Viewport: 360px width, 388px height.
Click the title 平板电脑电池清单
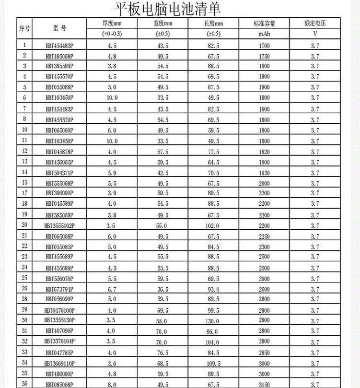[x=168, y=9]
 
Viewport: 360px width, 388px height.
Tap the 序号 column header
[x=24, y=28]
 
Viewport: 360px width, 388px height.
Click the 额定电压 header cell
[x=315, y=24]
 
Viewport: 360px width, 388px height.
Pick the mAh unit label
[x=264, y=34]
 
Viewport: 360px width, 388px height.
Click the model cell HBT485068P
[x=59, y=56]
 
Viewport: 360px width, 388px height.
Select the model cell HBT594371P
[x=59, y=173]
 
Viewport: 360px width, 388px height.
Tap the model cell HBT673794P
[x=59, y=289]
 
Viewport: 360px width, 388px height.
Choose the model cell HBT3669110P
[x=59, y=364]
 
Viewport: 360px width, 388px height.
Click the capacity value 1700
[x=264, y=46]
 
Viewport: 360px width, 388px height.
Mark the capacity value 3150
[x=264, y=385]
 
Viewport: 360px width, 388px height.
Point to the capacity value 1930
[x=264, y=173]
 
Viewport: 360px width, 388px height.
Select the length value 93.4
[x=213, y=289]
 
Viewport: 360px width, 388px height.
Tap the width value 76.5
[x=163, y=353]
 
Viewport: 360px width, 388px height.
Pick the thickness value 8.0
[x=111, y=385]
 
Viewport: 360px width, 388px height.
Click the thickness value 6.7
[x=111, y=289]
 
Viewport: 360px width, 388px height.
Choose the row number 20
[x=24, y=225]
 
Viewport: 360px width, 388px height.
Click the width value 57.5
[x=163, y=152]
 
